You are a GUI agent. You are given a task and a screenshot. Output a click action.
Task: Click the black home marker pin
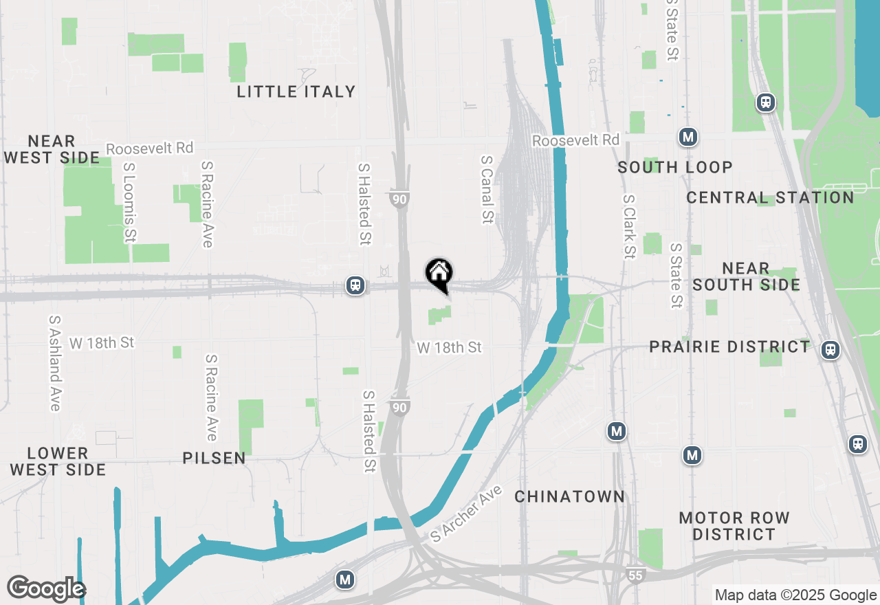tap(439, 274)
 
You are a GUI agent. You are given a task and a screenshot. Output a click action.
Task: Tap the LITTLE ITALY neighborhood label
tap(296, 91)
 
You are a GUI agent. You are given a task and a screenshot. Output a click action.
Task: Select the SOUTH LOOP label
tap(674, 167)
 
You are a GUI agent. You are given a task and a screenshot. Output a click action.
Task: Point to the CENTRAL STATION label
tap(770, 197)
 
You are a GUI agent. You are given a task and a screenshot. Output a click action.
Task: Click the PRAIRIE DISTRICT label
tap(729, 346)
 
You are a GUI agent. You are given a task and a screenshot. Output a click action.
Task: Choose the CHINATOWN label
tap(570, 496)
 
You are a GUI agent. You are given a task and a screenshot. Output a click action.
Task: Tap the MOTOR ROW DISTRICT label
tap(734, 525)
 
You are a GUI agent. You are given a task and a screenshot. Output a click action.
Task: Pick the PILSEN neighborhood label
tap(214, 458)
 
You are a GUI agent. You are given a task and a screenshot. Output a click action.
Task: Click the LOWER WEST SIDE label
tap(58, 461)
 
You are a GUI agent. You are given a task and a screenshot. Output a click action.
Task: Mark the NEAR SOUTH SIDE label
tap(746, 276)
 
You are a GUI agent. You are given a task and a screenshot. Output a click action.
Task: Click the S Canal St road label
tap(487, 189)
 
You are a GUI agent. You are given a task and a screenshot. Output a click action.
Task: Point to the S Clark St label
tap(628, 226)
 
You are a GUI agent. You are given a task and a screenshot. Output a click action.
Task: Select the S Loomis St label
tap(129, 202)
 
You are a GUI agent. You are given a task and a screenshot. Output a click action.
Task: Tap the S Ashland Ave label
tap(55, 363)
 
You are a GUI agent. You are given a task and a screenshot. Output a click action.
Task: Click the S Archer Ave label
tap(467, 514)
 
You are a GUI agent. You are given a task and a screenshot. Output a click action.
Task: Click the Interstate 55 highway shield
tap(637, 574)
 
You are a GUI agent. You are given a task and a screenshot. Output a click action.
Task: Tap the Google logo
tap(46, 588)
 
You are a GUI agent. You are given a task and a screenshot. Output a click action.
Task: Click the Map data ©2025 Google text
tap(795, 595)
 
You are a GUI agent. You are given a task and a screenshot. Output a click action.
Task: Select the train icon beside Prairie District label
tap(830, 350)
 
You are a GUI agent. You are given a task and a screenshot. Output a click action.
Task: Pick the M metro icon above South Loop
tap(688, 137)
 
